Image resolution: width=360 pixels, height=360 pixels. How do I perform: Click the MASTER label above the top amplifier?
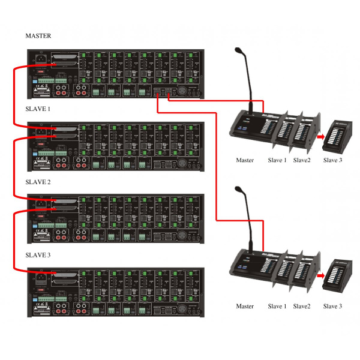38,36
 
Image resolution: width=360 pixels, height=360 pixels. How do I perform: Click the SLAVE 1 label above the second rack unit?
38,110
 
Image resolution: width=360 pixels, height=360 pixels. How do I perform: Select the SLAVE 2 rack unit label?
38,182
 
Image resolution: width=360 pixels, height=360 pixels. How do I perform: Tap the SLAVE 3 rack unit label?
38,254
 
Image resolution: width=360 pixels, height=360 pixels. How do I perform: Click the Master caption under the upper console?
245,160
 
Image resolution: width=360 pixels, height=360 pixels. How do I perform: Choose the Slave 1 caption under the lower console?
277,306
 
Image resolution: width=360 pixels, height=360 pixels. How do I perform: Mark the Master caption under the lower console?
245,306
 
